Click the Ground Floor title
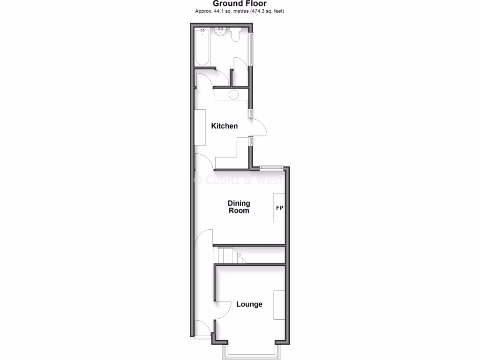(240, 4)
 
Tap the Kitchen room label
(225, 126)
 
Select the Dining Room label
(239, 207)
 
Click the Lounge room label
(249, 304)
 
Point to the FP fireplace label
(279, 208)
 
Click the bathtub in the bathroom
(202, 47)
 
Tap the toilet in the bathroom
(235, 35)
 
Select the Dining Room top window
(272, 167)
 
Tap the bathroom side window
(252, 49)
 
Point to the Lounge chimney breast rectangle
(279, 305)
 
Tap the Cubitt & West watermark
(239, 179)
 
